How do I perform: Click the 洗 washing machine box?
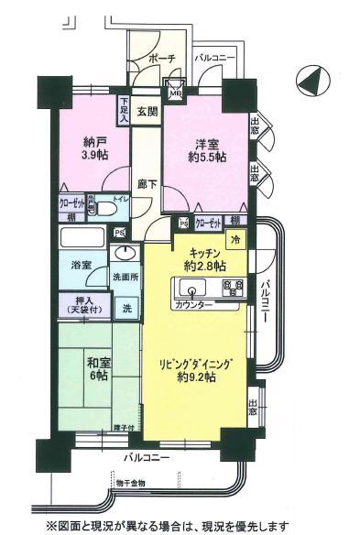coord(125,305)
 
